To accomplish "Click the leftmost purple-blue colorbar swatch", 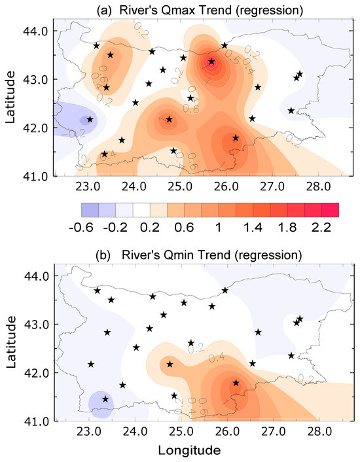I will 89,209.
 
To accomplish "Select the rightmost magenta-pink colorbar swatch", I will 330,209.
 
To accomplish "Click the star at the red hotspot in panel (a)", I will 211,62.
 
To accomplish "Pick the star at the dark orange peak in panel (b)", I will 236,383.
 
